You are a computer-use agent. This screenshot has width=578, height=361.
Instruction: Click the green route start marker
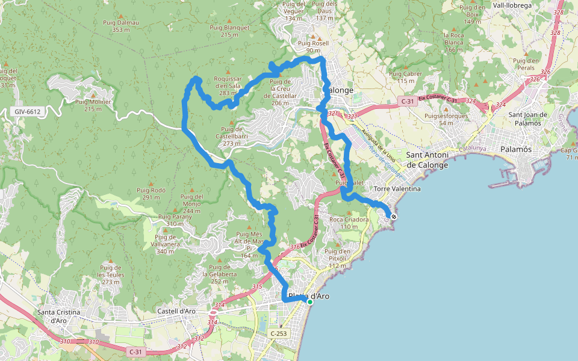tap(310, 302)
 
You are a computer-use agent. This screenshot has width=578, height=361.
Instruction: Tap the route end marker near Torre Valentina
tap(394, 217)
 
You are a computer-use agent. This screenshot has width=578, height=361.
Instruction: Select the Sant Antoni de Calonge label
tap(427, 159)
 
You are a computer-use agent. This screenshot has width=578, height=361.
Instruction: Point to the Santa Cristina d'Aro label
tap(58, 316)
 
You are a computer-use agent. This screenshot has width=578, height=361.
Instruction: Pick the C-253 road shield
tap(279, 333)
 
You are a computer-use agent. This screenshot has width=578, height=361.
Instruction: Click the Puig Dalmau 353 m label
tap(121, 26)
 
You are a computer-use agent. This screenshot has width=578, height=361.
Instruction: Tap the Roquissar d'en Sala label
tap(228, 82)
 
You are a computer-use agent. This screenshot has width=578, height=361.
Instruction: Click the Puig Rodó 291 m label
tap(151, 193)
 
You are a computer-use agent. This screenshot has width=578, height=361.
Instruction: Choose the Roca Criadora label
tap(349, 223)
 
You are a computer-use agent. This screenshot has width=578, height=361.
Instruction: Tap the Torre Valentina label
tap(397, 189)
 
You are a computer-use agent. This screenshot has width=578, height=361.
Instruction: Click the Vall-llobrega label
tap(512, 5)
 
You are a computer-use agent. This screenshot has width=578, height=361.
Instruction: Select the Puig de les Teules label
tap(111, 274)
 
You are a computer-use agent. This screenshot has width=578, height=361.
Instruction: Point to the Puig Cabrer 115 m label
tap(406, 77)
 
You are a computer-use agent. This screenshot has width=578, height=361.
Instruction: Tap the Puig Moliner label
tap(93, 105)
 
